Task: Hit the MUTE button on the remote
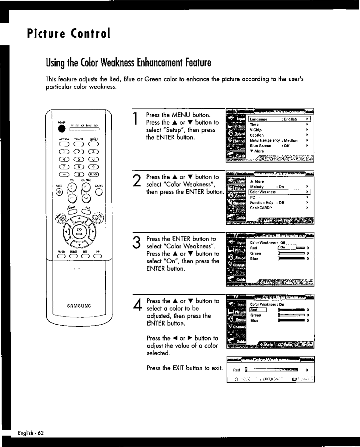coord(60,192)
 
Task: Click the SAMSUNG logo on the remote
coord(79,306)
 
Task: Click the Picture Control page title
coord(69,33)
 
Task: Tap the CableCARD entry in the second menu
coord(261,208)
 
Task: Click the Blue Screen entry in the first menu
coord(261,146)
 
